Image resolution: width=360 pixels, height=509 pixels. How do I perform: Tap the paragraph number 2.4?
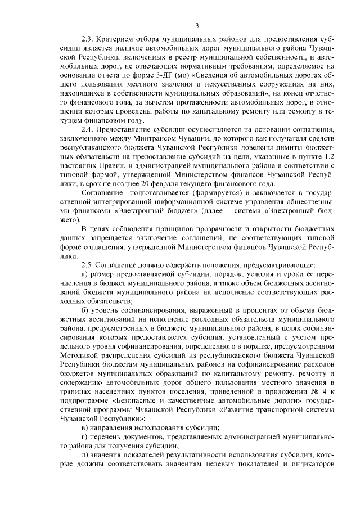[x=88, y=130]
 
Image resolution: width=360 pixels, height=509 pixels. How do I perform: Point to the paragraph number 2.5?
[x=88, y=264]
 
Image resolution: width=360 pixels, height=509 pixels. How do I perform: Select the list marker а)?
[x=85, y=273]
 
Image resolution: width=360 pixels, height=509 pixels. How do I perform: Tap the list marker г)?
[x=85, y=437]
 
